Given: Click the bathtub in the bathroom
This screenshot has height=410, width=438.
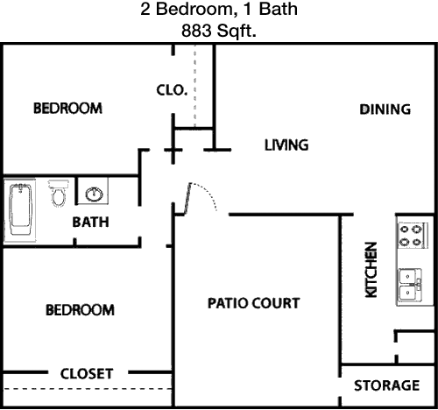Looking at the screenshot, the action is [x=20, y=209].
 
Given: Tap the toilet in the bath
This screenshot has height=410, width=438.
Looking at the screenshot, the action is [x=59, y=193].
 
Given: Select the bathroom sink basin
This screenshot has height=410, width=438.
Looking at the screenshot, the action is [x=94, y=194].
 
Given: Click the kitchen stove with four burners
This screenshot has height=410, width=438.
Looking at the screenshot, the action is [x=413, y=236].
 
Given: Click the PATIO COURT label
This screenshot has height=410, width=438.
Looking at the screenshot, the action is [x=253, y=303].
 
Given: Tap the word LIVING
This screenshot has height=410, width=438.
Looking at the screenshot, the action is [x=286, y=145].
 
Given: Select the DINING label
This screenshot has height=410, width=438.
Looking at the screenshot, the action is [x=385, y=110].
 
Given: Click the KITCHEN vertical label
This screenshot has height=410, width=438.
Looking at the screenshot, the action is [x=371, y=270].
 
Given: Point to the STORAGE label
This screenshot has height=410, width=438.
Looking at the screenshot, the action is [x=387, y=385].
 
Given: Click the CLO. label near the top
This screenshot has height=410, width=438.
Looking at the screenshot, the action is [x=172, y=90].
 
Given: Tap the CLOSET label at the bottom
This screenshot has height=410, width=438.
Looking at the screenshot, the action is [x=87, y=374].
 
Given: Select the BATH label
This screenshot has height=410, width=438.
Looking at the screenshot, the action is [x=90, y=223].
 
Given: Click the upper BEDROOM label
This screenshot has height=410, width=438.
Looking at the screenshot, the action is [x=67, y=108].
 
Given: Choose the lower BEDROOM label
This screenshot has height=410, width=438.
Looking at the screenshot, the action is [x=80, y=310].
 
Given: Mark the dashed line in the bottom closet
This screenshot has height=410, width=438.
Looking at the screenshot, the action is [x=88, y=389].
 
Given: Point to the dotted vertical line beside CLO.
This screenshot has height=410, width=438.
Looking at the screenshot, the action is [x=194, y=87].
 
